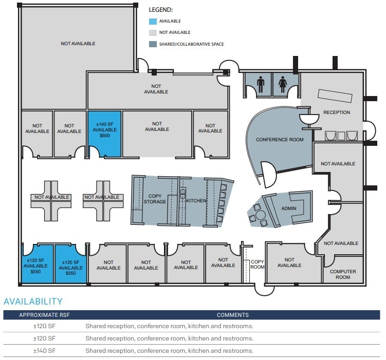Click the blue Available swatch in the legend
(153, 22)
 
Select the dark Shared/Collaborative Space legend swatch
(153, 44)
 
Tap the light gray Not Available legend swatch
(153, 33)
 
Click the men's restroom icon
(261, 84)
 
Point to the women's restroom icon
(282, 84)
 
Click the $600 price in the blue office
(104, 137)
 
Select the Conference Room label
(280, 140)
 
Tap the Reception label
(337, 112)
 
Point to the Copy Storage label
(155, 199)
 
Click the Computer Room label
(343, 275)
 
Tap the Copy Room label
(258, 265)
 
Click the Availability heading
(33, 301)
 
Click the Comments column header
(232, 315)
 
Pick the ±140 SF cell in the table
(44, 351)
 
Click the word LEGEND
(160, 10)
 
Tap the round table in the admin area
(261, 214)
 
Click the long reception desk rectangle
(335, 95)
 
